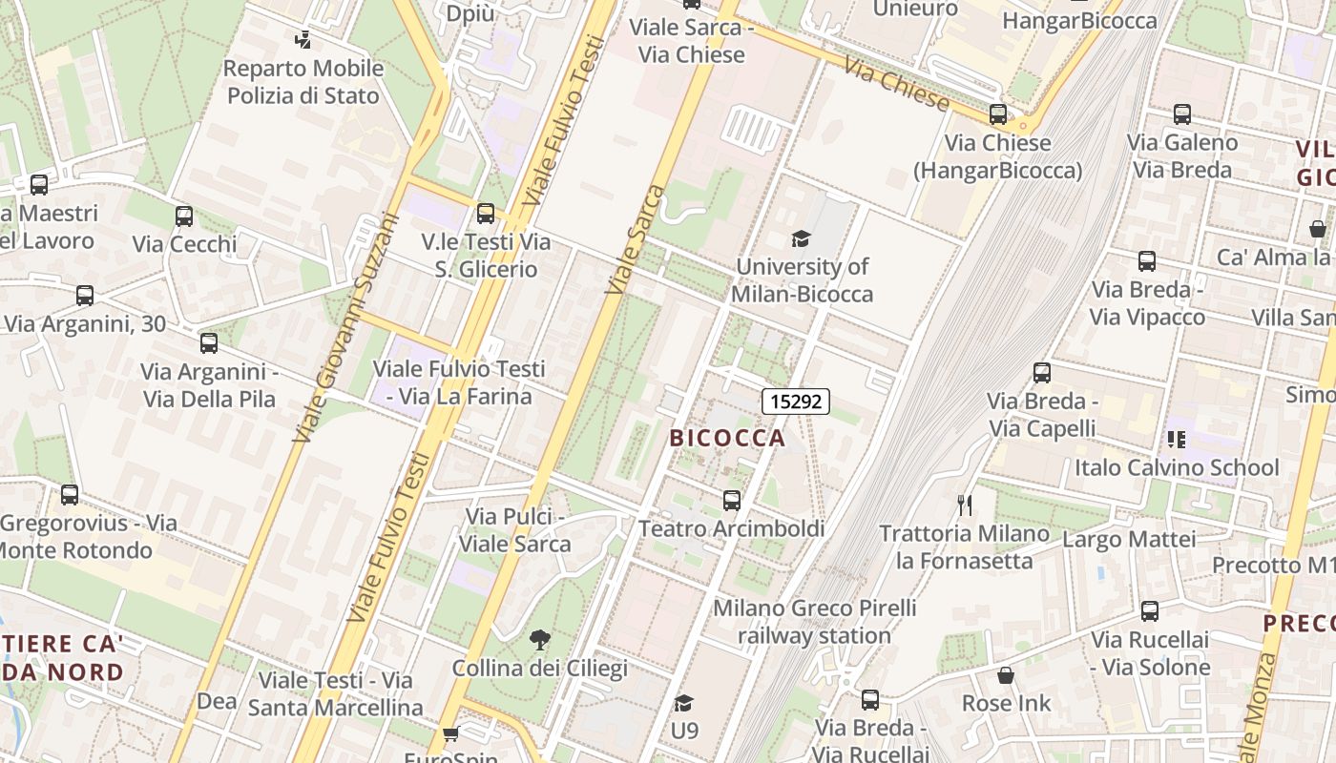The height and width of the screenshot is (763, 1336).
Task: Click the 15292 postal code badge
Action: pos(795,402)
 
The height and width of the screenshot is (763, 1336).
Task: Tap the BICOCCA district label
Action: pos(727,438)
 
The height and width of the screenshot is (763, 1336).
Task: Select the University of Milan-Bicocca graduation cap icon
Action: pos(801,238)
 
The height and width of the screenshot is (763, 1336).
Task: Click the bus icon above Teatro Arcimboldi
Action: pos(732,500)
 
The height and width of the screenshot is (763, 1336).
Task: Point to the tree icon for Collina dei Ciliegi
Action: pos(539,639)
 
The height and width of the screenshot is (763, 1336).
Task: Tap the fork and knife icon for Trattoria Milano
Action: pos(965,505)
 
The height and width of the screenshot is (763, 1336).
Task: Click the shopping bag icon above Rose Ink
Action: pos(1006,675)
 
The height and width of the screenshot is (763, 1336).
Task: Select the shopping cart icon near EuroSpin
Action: pos(450,733)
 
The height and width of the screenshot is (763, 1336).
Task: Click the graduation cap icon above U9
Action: pos(683,703)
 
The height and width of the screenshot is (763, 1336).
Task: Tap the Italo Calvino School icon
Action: pos(1176,440)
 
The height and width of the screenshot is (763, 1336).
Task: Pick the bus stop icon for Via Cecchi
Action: pos(184,217)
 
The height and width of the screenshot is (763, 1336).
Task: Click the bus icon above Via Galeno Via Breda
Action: pos(1182,114)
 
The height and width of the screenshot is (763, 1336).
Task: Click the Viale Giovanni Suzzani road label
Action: pos(345,326)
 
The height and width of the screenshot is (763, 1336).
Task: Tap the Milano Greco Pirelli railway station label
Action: pos(814,621)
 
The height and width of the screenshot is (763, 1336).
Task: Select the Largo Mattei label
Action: pos(1128,540)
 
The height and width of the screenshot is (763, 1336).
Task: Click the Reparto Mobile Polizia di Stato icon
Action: pos(303,40)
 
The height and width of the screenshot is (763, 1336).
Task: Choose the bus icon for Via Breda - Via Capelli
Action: pos(1042,373)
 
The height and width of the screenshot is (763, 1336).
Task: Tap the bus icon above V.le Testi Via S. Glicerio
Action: pos(486,214)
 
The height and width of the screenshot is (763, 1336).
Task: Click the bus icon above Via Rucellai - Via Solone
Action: pos(1150,611)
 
